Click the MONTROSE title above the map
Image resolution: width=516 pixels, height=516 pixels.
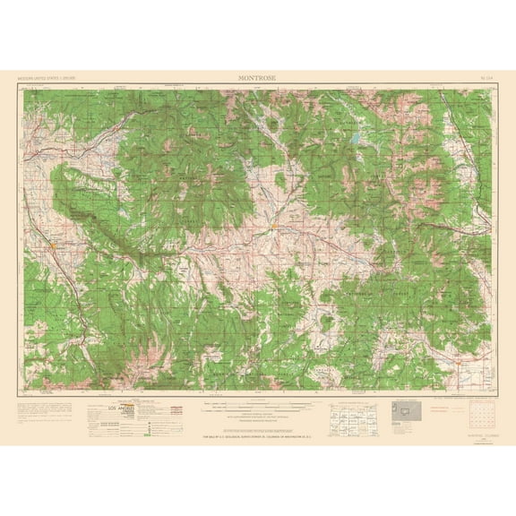(x=258, y=79)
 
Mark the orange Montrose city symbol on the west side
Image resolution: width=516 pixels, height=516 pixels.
(x=56, y=243)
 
